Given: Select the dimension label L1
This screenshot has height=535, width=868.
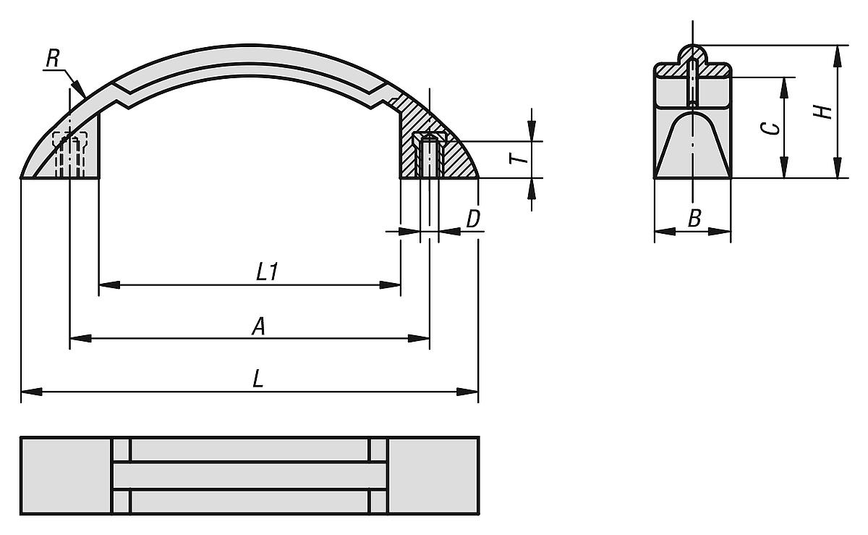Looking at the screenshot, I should pos(268,273).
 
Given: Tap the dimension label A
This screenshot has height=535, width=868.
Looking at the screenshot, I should pos(258,327).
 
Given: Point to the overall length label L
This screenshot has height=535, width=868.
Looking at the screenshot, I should pos(258,380).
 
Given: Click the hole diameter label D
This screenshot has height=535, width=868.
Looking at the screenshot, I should pos(473,219).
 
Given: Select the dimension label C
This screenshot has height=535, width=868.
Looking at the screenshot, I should pos(772,127).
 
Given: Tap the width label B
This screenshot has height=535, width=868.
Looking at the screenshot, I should pos(693,219).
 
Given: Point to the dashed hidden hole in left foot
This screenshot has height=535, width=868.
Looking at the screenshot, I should pos(70,153).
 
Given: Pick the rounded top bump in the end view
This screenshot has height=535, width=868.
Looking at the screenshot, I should pos(693,54).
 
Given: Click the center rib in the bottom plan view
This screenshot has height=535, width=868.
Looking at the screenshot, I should pos(250,476).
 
